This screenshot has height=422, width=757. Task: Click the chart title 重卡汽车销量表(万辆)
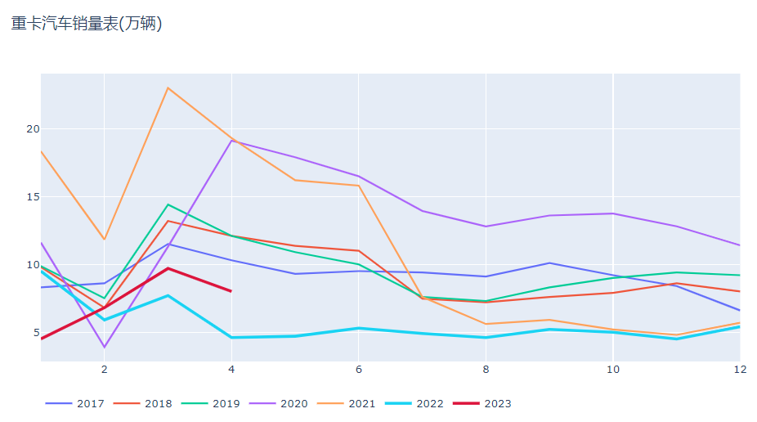(87, 24)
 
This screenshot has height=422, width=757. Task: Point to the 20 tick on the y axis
(33, 129)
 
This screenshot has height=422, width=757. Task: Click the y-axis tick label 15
(33, 197)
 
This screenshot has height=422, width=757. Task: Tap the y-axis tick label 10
(33, 265)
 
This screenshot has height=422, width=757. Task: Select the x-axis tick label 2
(105, 370)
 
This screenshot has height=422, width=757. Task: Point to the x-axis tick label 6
(358, 370)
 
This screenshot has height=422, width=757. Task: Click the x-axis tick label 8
(486, 370)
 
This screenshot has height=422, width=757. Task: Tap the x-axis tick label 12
(739, 370)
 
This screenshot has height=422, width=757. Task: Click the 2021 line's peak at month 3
(168, 88)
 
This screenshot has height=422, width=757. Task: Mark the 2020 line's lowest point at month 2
(105, 348)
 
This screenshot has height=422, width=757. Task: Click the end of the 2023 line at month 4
(231, 291)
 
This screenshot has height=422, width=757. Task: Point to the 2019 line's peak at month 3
(168, 204)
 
